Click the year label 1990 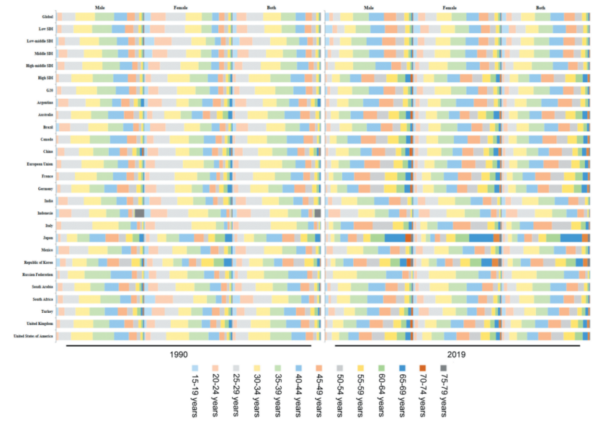click(179, 355)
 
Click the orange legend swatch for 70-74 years click(423, 367)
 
